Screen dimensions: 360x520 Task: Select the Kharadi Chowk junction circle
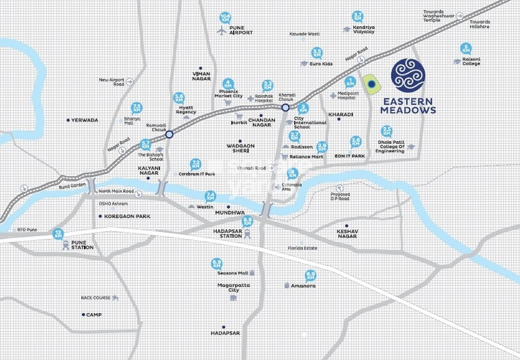(285, 107)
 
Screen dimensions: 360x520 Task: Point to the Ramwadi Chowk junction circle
(169, 135)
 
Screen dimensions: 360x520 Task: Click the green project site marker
(371, 85)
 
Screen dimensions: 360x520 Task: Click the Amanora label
(303, 285)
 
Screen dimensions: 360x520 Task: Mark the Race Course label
(96, 298)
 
